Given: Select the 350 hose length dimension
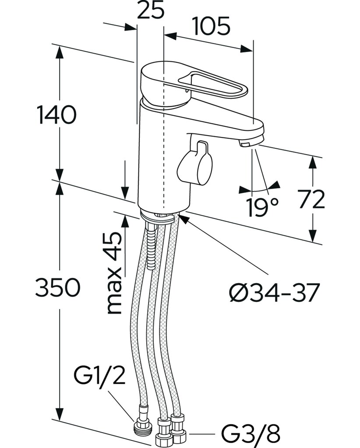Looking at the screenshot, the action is coord(57,287).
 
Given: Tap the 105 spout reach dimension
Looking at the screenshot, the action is coord(212,26).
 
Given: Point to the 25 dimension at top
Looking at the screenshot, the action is coord(151,10).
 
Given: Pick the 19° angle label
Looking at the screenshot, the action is coord(262,207).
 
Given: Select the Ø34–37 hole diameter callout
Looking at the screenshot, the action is coord(274,293).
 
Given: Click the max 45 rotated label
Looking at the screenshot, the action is coord(114,273).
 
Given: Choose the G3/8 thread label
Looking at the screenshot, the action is coord(251,437).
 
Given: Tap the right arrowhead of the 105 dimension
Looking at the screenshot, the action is coord(247,49).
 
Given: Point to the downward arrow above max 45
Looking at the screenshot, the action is coord(125,180).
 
